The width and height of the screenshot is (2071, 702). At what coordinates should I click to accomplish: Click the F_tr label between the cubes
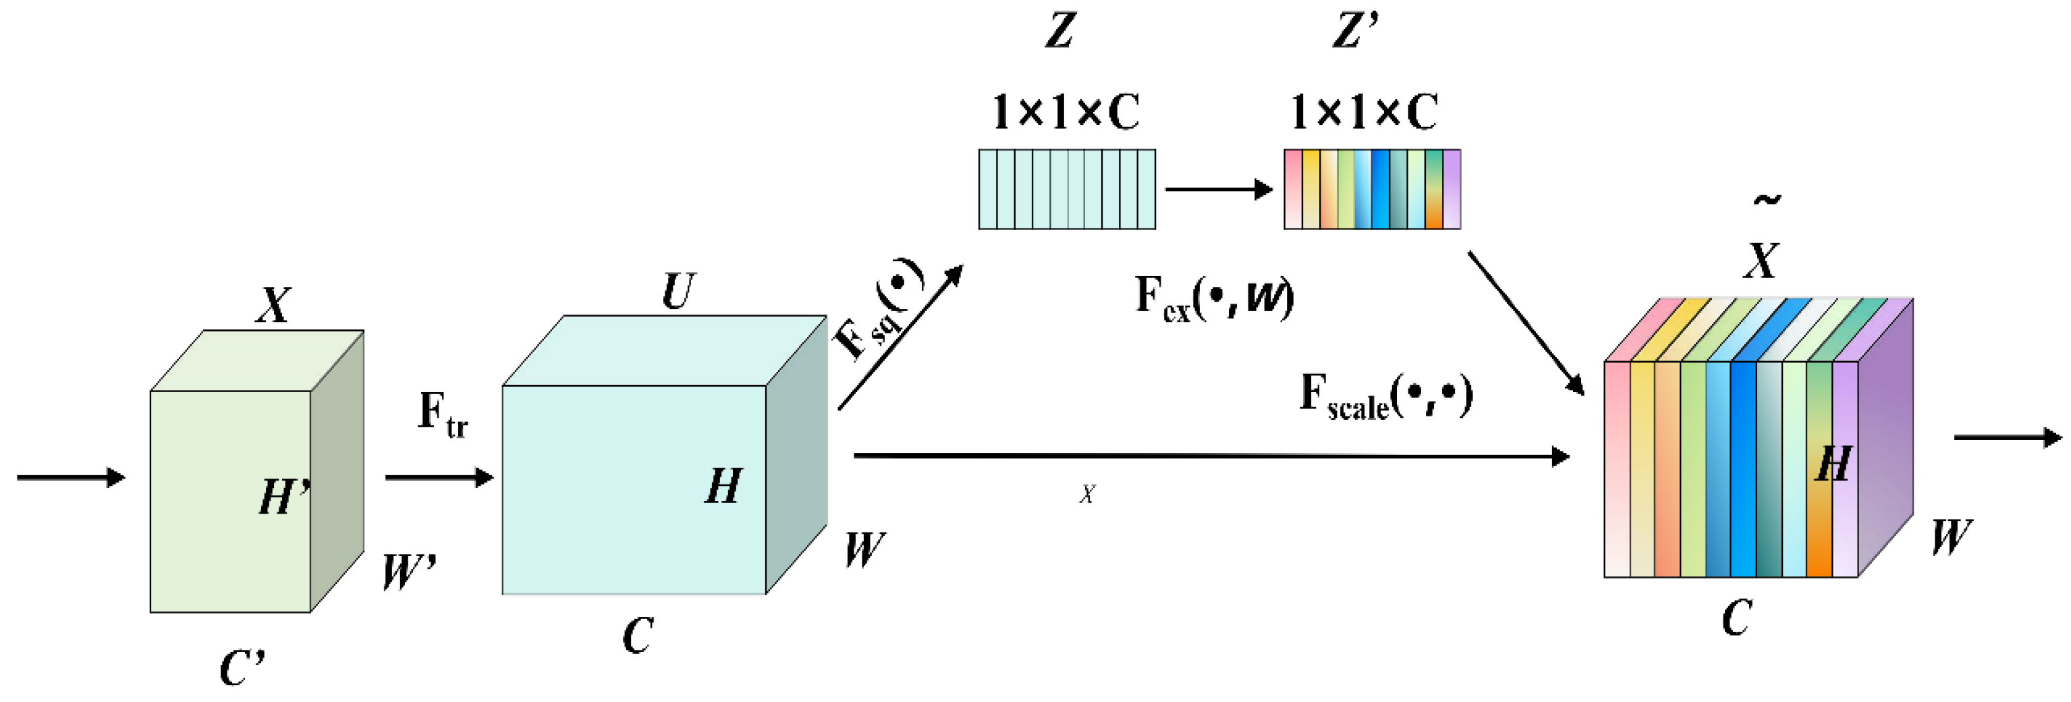(x=443, y=415)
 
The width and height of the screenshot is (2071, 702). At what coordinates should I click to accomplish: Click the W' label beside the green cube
(x=409, y=572)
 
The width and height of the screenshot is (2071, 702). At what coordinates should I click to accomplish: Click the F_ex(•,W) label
(x=1215, y=297)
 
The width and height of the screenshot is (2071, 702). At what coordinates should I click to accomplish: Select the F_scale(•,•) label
(x=1386, y=396)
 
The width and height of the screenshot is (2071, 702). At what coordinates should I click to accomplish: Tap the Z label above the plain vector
(x=1060, y=31)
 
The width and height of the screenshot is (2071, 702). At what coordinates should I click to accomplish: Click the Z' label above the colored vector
(x=1356, y=31)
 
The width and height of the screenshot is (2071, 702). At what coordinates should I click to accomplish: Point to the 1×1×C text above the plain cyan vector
(x=1066, y=112)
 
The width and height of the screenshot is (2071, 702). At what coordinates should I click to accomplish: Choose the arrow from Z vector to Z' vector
(x=1219, y=190)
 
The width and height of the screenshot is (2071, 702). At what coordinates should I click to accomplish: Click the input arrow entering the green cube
(x=72, y=478)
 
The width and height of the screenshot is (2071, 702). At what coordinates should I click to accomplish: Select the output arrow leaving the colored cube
(x=2008, y=437)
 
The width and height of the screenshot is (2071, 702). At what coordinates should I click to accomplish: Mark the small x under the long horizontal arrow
(x=1087, y=493)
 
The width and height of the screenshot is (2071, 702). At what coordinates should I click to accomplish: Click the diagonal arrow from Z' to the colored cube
(x=1526, y=323)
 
